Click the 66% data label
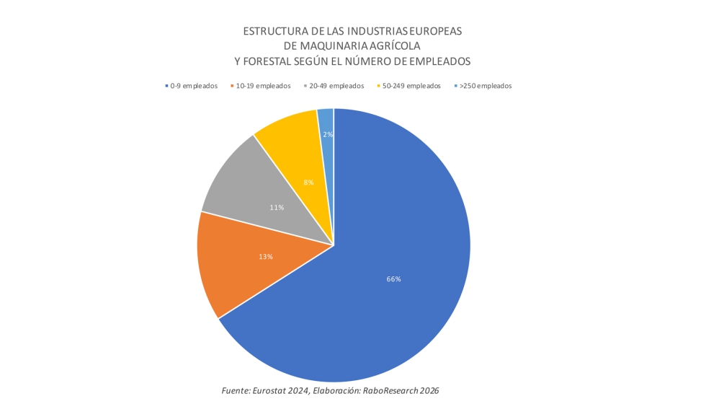click(x=393, y=278)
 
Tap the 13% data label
click(x=266, y=256)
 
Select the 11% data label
click(x=277, y=207)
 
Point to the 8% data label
click(x=308, y=183)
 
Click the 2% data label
click(x=328, y=134)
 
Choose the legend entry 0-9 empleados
click(x=192, y=86)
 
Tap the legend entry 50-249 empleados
click(x=411, y=86)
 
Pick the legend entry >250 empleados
click(x=485, y=86)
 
